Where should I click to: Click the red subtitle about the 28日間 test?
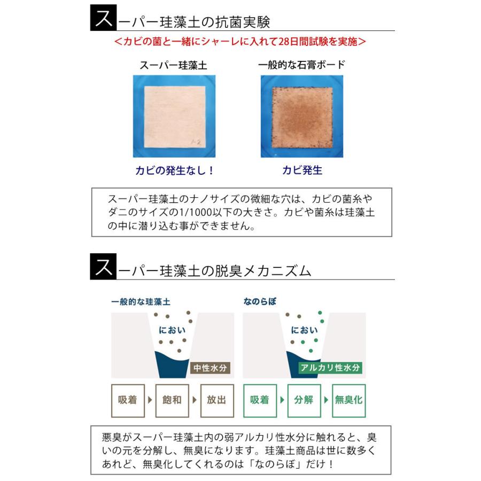241,41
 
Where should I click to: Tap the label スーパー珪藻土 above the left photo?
173,65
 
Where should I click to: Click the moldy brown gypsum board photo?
302,115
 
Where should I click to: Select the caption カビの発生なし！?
174,171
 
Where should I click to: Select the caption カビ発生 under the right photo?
302,171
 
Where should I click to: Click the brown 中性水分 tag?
211,368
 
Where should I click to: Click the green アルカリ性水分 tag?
330,368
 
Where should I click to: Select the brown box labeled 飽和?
172,400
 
